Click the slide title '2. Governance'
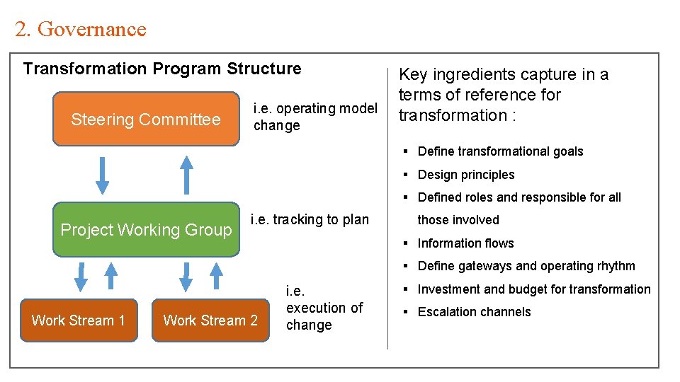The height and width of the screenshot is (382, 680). pyautogui.click(x=80, y=29)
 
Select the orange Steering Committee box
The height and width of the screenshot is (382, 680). pyautogui.click(x=146, y=119)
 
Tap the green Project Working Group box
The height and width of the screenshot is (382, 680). pyautogui.click(x=146, y=229)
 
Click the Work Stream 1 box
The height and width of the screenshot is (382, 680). pyautogui.click(x=79, y=320)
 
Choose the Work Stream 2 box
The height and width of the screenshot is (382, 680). pyautogui.click(x=210, y=320)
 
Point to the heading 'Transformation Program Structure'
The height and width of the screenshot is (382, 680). pyautogui.click(x=162, y=69)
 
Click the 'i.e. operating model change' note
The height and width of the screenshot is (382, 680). pyautogui.click(x=314, y=117)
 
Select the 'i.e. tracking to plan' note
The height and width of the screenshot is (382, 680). pyautogui.click(x=310, y=219)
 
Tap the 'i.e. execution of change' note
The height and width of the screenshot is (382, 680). pyautogui.click(x=324, y=308)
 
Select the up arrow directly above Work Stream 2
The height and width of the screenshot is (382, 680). pyautogui.click(x=216, y=277)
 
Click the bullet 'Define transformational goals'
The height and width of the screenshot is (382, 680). pyautogui.click(x=500, y=151)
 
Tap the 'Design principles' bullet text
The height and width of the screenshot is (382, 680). pyautogui.click(x=466, y=175)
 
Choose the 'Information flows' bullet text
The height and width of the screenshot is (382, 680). pyautogui.click(x=465, y=243)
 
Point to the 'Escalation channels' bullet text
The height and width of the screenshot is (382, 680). pyautogui.click(x=474, y=312)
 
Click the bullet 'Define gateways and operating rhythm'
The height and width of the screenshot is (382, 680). pyautogui.click(x=526, y=266)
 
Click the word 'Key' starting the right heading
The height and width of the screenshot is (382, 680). pyautogui.click(x=414, y=74)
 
